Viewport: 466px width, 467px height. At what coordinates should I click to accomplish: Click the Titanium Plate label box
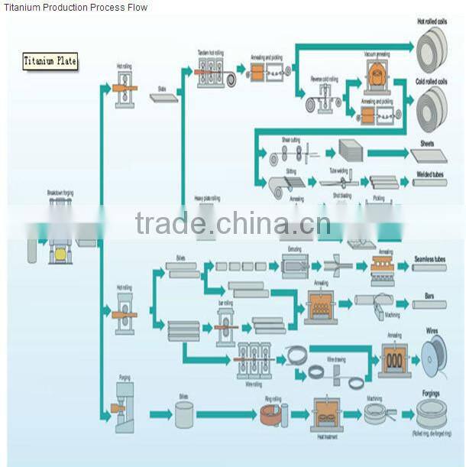(x=50, y=61)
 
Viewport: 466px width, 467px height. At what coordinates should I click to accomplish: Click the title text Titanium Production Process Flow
(x=76, y=7)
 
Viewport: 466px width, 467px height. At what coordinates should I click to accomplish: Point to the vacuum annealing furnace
(x=377, y=75)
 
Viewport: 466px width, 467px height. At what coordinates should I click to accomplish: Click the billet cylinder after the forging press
(x=184, y=414)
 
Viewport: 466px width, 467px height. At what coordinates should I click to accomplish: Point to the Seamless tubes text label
(x=430, y=260)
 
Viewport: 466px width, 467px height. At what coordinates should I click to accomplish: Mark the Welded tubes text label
(x=432, y=174)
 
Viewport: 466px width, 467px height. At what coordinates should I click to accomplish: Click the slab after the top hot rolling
(x=163, y=98)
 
